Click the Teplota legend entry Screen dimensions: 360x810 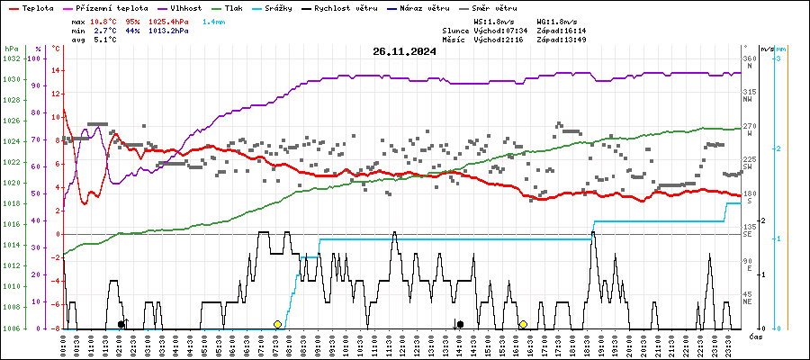(31, 7)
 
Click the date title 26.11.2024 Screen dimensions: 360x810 (404, 51)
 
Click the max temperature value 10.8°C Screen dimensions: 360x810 (103, 20)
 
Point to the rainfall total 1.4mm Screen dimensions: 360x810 (214, 20)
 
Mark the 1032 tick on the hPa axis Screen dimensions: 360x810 (12, 58)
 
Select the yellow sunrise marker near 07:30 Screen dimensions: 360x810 (278, 324)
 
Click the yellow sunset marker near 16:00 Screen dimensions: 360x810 (523, 324)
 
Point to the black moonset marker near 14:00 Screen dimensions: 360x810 (460, 324)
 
